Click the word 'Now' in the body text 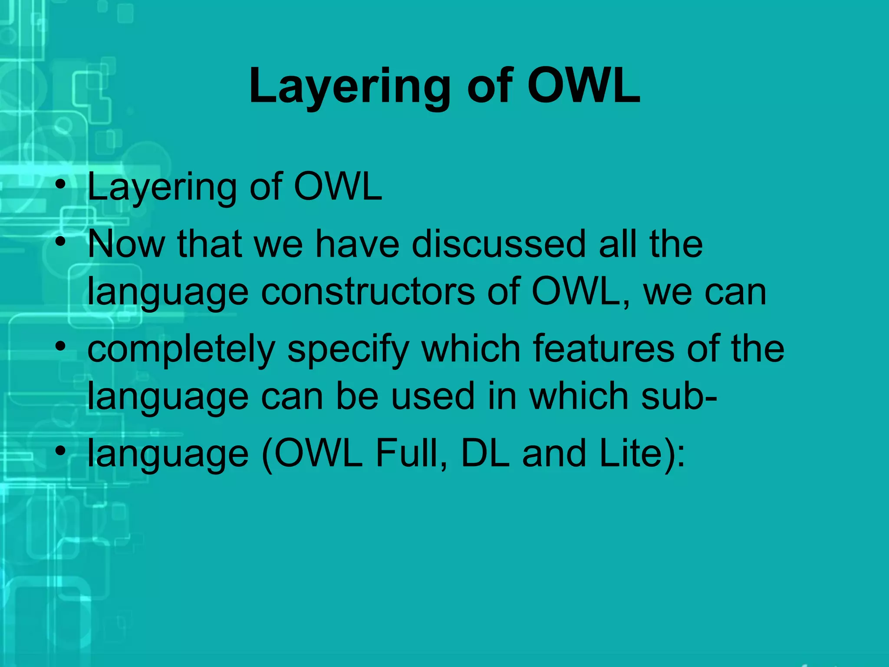(126, 244)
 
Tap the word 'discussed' (499, 244)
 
